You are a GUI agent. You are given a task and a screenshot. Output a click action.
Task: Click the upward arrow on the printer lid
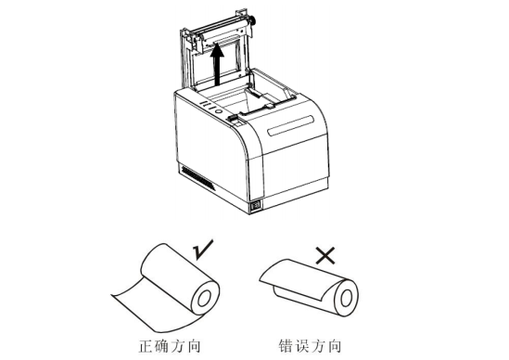(219, 67)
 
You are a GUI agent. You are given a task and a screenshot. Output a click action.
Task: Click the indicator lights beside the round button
(203, 109)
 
